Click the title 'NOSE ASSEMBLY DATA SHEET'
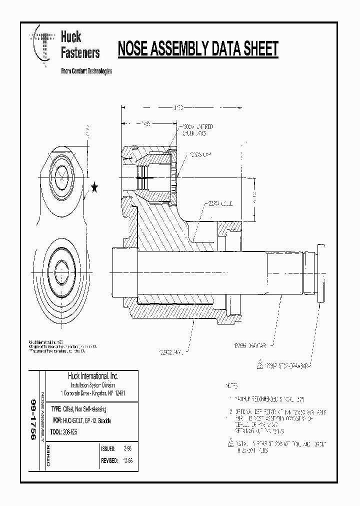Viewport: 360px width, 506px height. [x=197, y=49]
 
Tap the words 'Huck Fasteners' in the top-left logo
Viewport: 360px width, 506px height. [x=79, y=44]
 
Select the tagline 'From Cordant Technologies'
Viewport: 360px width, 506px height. [x=86, y=71]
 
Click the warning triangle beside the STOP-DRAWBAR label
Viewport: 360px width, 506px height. [x=259, y=364]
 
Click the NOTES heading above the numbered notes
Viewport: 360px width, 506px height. [x=231, y=386]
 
